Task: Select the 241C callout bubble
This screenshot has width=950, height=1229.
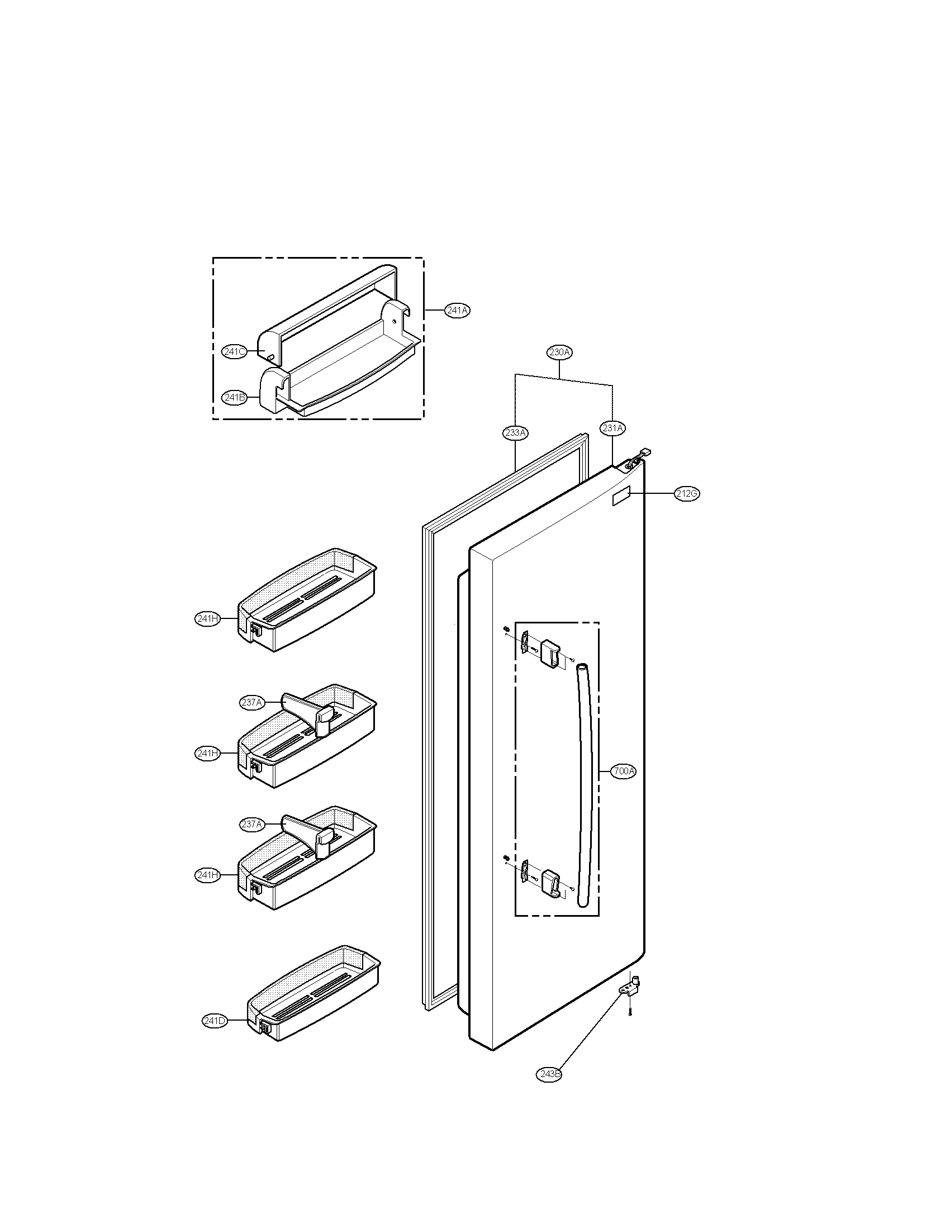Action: (234, 352)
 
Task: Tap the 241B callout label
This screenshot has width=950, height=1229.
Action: (234, 397)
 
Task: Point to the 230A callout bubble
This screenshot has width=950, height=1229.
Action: (559, 352)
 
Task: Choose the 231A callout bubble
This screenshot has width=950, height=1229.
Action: (612, 428)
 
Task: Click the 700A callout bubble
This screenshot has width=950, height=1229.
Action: (624, 771)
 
